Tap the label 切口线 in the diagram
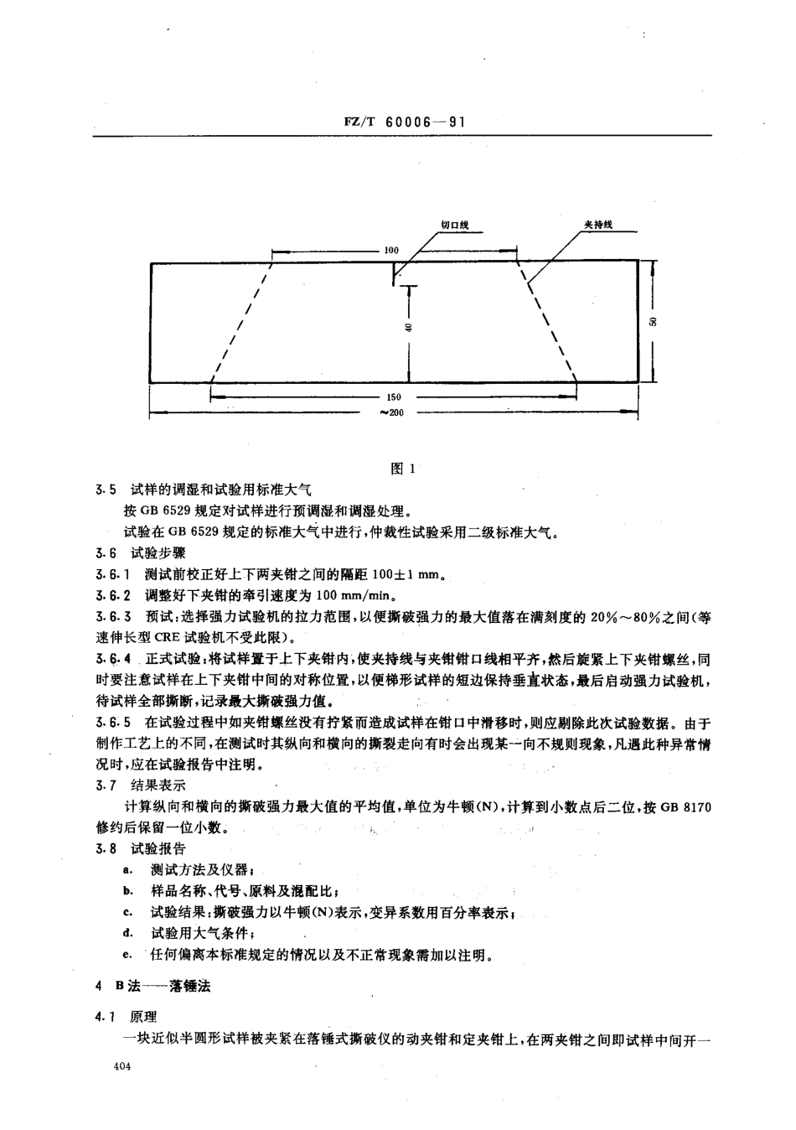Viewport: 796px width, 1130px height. (454, 224)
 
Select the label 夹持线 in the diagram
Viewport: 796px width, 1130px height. (598, 224)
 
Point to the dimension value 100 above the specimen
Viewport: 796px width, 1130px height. (391, 250)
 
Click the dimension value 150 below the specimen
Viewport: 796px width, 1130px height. (395, 397)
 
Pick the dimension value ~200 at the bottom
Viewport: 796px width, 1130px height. (393, 412)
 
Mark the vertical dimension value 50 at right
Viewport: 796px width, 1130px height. (656, 322)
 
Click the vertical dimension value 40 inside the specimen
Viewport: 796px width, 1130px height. (408, 327)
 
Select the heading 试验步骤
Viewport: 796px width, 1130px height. (152, 553)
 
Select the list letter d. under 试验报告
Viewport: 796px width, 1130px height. (127, 933)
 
